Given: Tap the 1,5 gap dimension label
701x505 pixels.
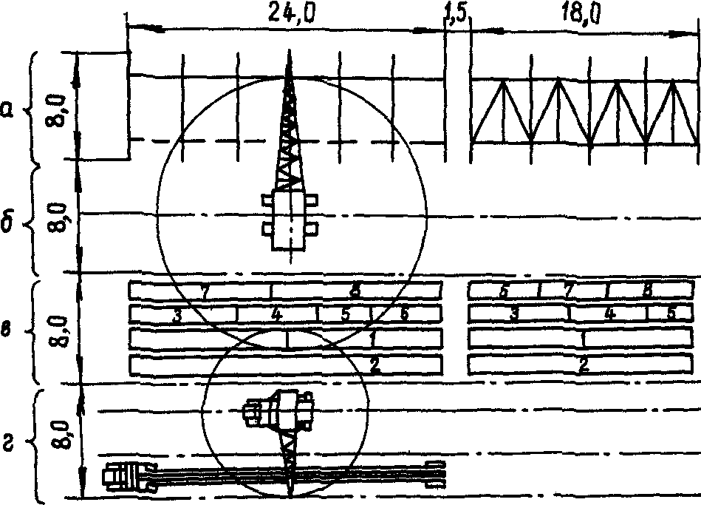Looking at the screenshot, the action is pos(456,15).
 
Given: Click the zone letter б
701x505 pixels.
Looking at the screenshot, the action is pos(7,224).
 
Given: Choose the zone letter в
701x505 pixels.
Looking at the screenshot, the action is pos(7,331).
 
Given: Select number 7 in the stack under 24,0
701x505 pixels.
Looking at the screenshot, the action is pos(204,291).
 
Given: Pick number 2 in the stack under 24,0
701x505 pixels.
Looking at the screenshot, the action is pos(375,365).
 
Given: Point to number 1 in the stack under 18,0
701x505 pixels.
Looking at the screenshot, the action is pos(584,339).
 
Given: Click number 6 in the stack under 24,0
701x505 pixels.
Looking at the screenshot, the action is pos(404,313).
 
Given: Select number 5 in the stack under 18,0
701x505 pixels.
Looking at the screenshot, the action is pos(671,313).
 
